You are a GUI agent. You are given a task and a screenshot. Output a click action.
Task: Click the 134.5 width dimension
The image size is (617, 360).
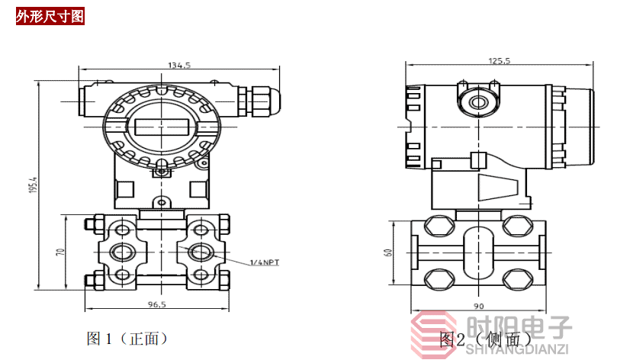179,66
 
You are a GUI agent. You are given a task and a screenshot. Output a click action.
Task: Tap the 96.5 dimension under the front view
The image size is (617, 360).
156,304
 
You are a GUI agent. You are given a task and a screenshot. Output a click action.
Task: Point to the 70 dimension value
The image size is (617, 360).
60,252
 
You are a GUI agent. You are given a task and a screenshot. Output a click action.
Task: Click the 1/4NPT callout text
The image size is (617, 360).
265,262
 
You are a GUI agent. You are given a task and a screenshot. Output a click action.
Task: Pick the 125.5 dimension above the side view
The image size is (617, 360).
500,60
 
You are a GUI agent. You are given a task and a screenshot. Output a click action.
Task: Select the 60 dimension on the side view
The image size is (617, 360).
388,252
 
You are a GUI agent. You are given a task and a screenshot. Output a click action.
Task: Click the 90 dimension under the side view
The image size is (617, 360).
479,306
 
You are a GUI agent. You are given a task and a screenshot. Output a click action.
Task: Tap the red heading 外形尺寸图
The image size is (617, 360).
50,17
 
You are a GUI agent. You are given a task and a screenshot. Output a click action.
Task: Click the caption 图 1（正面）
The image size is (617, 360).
127,338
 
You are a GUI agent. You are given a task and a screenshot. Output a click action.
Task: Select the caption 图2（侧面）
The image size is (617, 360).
486,339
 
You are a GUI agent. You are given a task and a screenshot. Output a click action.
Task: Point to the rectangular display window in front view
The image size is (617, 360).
162,127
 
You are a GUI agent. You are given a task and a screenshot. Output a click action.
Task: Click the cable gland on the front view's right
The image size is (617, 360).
260,101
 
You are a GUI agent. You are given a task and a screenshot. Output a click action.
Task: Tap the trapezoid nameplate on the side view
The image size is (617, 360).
498,188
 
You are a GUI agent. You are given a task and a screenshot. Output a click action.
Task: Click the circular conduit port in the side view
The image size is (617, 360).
478,103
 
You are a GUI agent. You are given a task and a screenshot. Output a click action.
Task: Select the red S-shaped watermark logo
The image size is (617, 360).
434,333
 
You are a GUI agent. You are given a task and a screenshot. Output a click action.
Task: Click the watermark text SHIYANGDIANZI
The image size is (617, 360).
517,349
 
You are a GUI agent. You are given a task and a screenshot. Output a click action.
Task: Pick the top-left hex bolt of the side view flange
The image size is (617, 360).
439,227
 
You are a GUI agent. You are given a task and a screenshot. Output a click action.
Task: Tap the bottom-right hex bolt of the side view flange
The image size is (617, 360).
518,279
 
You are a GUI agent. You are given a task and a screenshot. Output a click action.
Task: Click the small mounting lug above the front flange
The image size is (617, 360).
162,203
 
